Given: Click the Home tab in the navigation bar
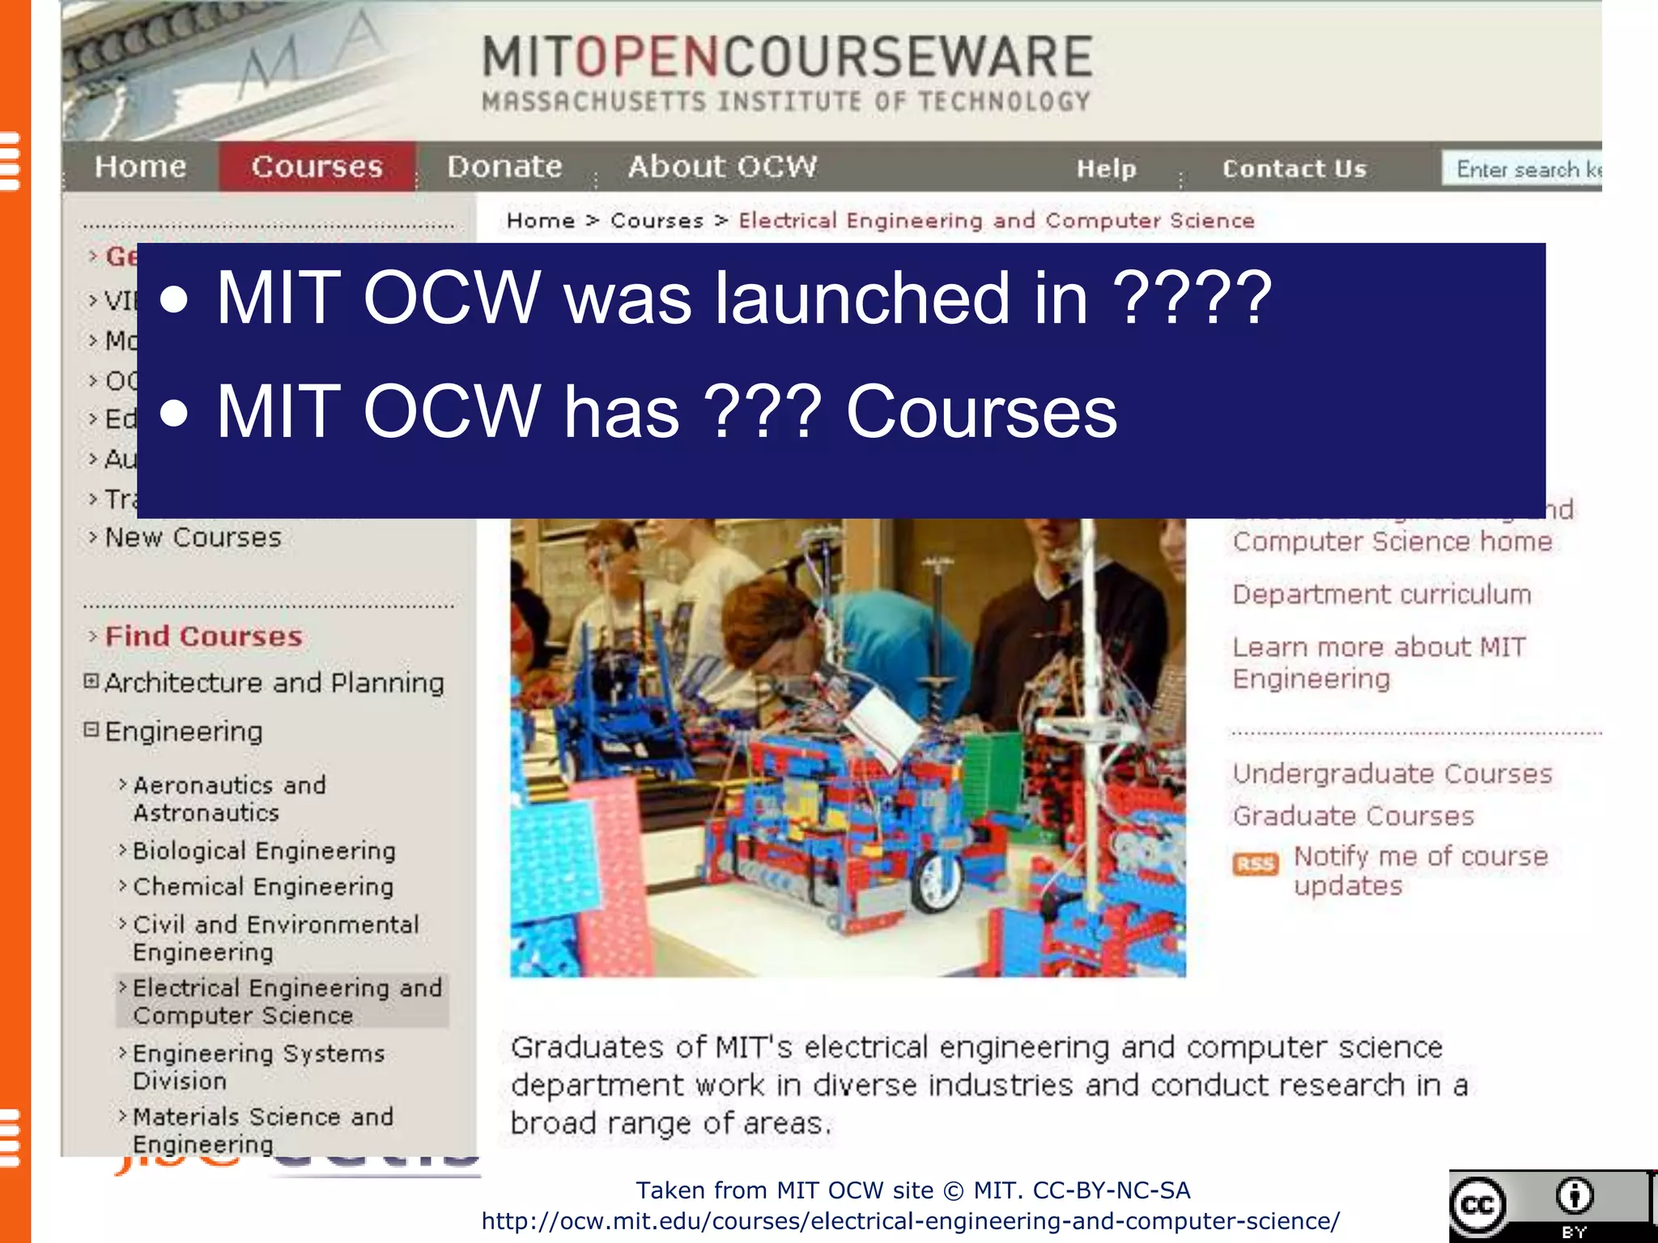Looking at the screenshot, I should tap(140, 167).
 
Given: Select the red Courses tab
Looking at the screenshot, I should tap(317, 167).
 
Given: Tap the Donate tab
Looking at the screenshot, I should tap(504, 167).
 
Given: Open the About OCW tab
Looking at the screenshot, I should tap(722, 167).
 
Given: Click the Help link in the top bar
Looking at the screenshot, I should tap(1106, 168).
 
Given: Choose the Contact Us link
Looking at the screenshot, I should tap(1294, 168).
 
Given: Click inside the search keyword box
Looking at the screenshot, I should tap(1522, 169).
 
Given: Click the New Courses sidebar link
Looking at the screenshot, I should tap(193, 537).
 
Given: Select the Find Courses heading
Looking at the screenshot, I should tap(203, 636).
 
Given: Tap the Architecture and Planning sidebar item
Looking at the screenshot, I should tap(274, 683).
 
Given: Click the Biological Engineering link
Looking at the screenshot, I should tap(264, 851).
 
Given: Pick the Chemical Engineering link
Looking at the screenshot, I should tap(263, 887).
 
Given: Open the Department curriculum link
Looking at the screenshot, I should tap(1381, 595).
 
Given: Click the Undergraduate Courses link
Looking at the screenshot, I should tap(1392, 774).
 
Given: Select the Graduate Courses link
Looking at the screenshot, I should tap(1353, 816).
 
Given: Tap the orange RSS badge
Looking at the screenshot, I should tap(1255, 864).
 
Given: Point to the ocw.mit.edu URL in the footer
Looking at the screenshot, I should tap(911, 1221).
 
